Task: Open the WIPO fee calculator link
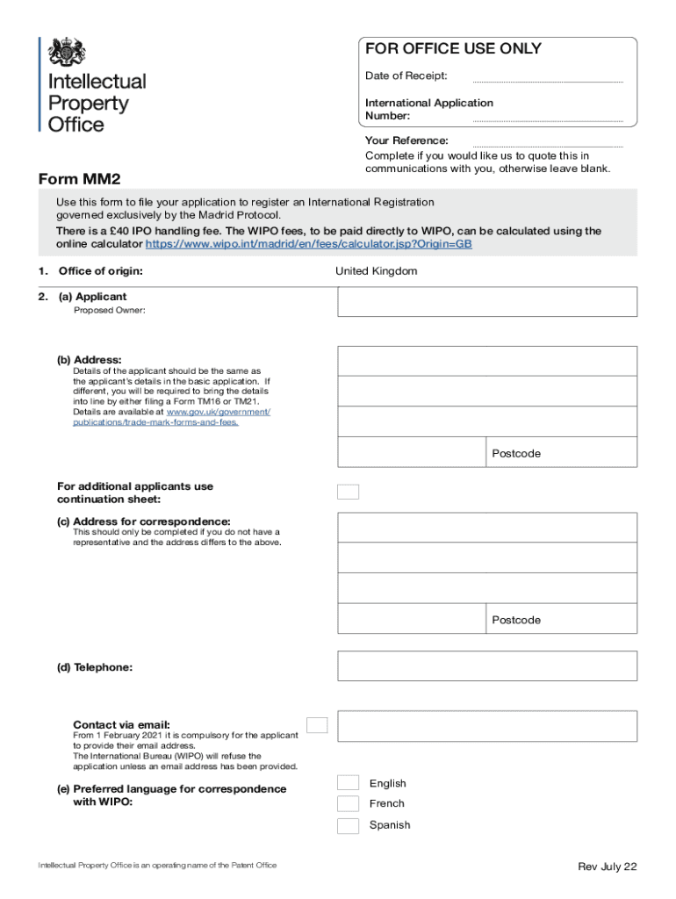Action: point(308,244)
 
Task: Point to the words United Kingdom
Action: point(376,271)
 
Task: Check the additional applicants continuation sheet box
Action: point(349,492)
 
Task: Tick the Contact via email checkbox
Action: point(317,725)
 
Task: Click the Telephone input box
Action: point(487,665)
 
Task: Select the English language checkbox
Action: point(349,782)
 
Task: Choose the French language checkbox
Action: point(349,803)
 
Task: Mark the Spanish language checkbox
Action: point(349,825)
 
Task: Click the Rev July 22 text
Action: point(607,867)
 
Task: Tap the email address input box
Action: point(487,726)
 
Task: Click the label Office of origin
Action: point(100,271)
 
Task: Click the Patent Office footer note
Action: point(157,866)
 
